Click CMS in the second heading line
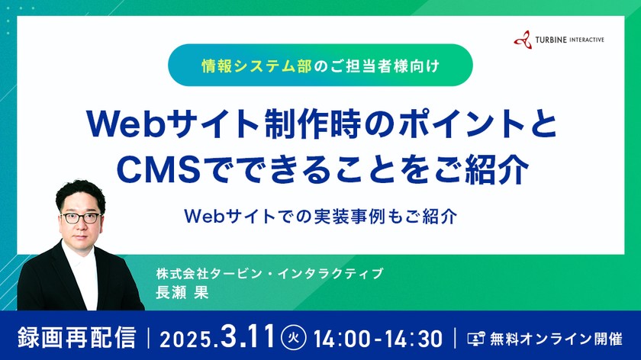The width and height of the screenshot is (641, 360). (x=149, y=169)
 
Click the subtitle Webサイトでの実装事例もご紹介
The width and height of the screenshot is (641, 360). (x=320, y=216)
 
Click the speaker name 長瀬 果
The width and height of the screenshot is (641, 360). (x=182, y=291)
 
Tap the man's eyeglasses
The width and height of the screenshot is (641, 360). (x=81, y=217)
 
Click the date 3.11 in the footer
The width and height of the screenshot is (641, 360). (x=247, y=336)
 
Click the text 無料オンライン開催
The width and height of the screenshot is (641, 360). (x=558, y=337)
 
